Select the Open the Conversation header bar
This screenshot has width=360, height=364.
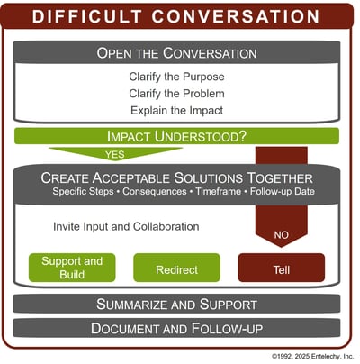click(176, 52)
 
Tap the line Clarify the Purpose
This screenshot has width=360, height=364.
click(176, 76)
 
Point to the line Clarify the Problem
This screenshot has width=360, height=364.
click(176, 93)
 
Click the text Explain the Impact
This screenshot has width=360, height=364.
click(176, 110)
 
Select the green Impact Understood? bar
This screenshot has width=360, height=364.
click(176, 137)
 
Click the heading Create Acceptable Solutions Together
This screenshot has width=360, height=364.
click(176, 178)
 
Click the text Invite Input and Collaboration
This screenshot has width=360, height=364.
click(126, 226)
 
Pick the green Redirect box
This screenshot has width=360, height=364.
click(176, 269)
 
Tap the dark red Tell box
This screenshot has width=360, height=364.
click(281, 269)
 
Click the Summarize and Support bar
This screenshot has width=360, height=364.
click(176, 304)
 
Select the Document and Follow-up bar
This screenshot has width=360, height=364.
click(176, 328)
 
